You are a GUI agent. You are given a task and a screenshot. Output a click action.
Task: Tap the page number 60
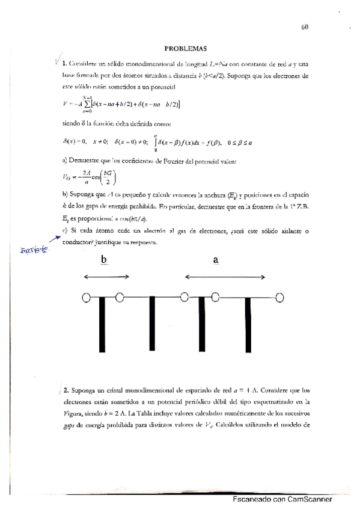[305, 26]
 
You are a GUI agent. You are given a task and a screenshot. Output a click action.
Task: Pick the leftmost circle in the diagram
[87, 297]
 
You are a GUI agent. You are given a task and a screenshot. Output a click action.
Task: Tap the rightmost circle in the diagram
[280, 297]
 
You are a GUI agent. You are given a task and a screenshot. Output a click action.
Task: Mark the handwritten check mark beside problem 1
[56, 60]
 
